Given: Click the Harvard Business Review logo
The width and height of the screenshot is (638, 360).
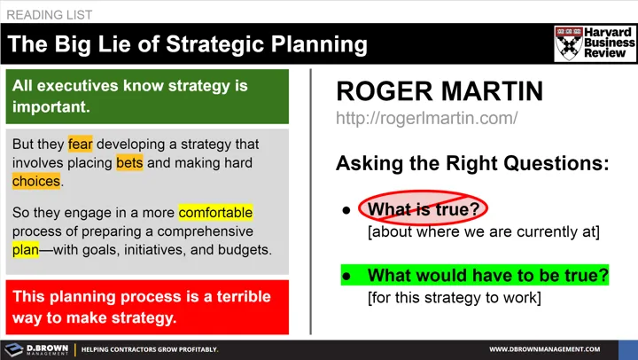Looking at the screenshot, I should (x=595, y=43).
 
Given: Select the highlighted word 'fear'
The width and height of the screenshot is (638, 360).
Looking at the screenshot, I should (x=80, y=144).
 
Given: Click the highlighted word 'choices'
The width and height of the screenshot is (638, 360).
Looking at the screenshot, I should (x=36, y=182).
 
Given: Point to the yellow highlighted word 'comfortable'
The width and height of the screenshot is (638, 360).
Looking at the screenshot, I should (x=215, y=213).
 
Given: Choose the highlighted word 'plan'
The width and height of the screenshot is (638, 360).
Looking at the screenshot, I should (x=26, y=250).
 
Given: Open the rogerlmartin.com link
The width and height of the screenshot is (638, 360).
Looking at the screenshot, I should (x=426, y=118).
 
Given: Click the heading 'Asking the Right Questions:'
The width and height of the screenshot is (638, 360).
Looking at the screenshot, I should (x=472, y=163).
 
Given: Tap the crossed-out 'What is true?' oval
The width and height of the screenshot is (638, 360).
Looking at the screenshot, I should (x=423, y=209).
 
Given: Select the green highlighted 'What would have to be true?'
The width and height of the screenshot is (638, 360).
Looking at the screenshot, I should (x=487, y=275).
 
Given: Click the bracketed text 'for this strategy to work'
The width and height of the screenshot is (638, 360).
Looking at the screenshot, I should (x=454, y=297).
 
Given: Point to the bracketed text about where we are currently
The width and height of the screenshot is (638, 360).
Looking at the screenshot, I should (x=484, y=232).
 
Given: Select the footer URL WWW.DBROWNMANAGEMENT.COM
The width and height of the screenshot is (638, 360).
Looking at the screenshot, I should (x=557, y=349).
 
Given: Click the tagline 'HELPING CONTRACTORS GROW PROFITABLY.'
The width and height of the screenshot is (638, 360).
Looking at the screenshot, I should (x=150, y=349).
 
